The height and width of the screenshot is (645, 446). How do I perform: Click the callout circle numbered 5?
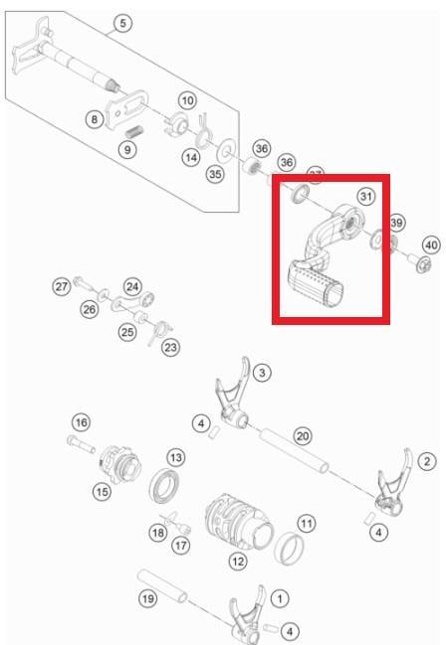coord(122,24)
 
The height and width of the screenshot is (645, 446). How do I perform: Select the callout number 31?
coord(366,196)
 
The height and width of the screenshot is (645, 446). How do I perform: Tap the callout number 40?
coord(432,245)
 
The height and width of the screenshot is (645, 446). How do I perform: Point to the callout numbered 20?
coord(303,436)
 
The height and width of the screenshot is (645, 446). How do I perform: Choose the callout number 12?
coord(238,562)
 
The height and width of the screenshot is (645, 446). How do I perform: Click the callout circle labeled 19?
coord(148,598)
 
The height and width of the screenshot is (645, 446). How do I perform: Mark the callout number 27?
coord(62,286)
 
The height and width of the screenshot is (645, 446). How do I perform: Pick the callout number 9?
coord(127,149)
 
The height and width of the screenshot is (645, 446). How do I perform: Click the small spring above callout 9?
coord(133,132)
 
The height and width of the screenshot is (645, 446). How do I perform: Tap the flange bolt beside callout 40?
coord(419,262)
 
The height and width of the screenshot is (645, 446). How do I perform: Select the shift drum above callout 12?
coord(238,523)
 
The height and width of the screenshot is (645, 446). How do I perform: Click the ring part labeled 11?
coord(290,548)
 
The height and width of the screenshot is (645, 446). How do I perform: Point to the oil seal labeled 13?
coord(164,485)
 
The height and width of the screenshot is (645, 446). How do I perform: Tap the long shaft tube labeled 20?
coord(294,450)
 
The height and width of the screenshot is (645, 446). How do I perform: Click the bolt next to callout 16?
coord(81,444)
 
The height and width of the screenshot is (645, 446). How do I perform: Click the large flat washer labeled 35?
coord(226,150)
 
